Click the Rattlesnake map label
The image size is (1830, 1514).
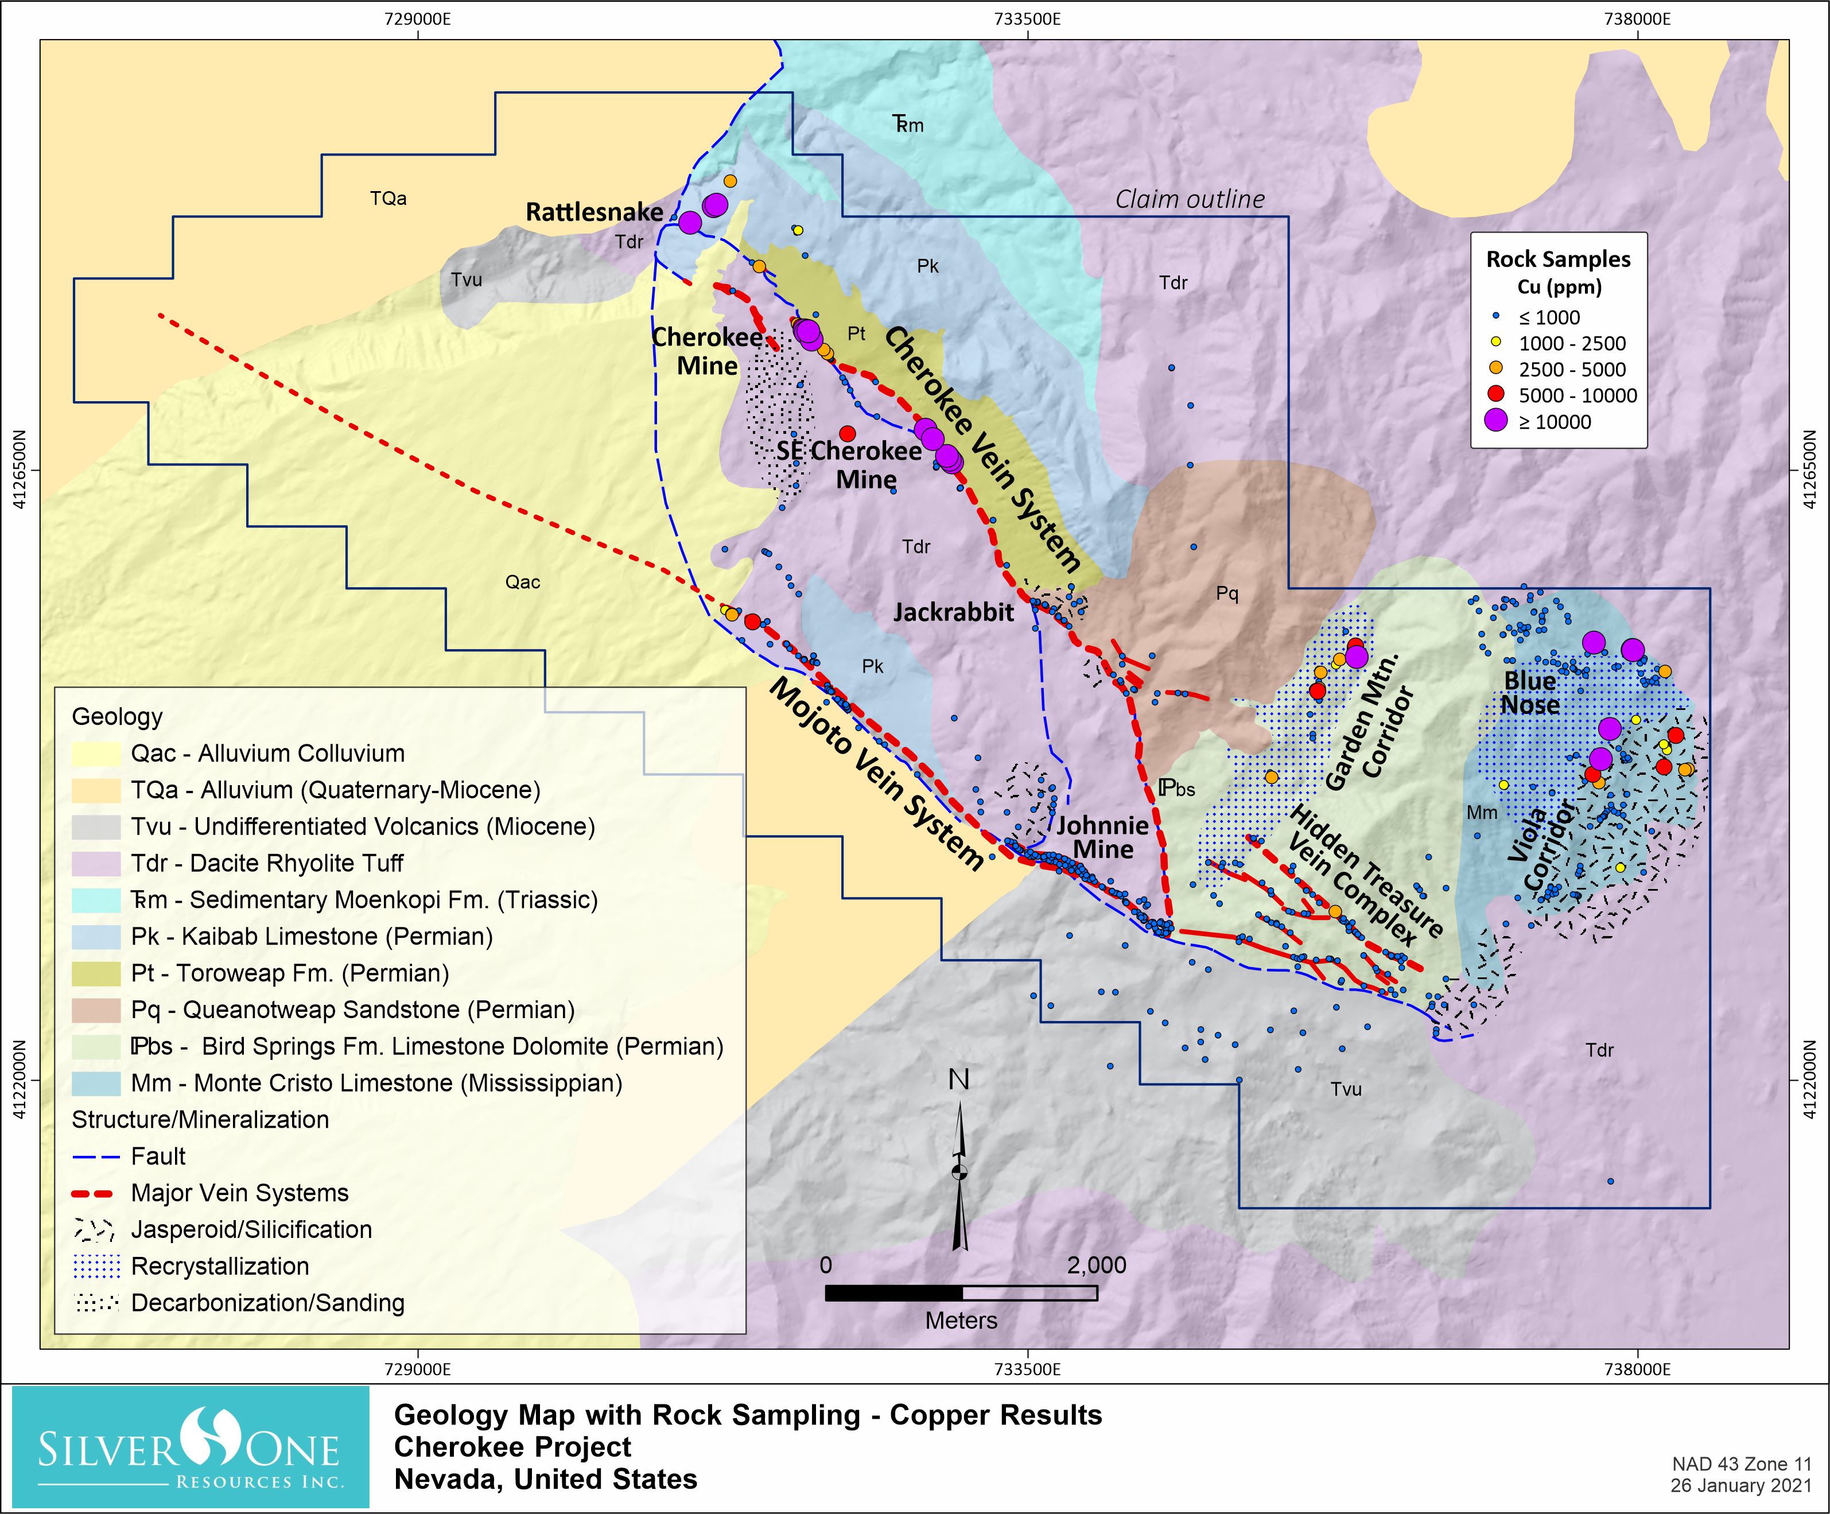[595, 212]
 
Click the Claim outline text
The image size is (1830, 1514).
[1190, 200]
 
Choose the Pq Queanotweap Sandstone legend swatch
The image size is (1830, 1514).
[96, 1010]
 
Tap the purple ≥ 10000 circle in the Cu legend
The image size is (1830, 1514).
[1495, 421]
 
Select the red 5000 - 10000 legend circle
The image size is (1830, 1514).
[1495, 395]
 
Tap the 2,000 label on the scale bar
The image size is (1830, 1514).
[1096, 1265]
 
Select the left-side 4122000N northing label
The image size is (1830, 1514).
[19, 1081]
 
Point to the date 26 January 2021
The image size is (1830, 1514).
[1740, 1486]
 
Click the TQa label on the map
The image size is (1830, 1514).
[388, 199]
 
